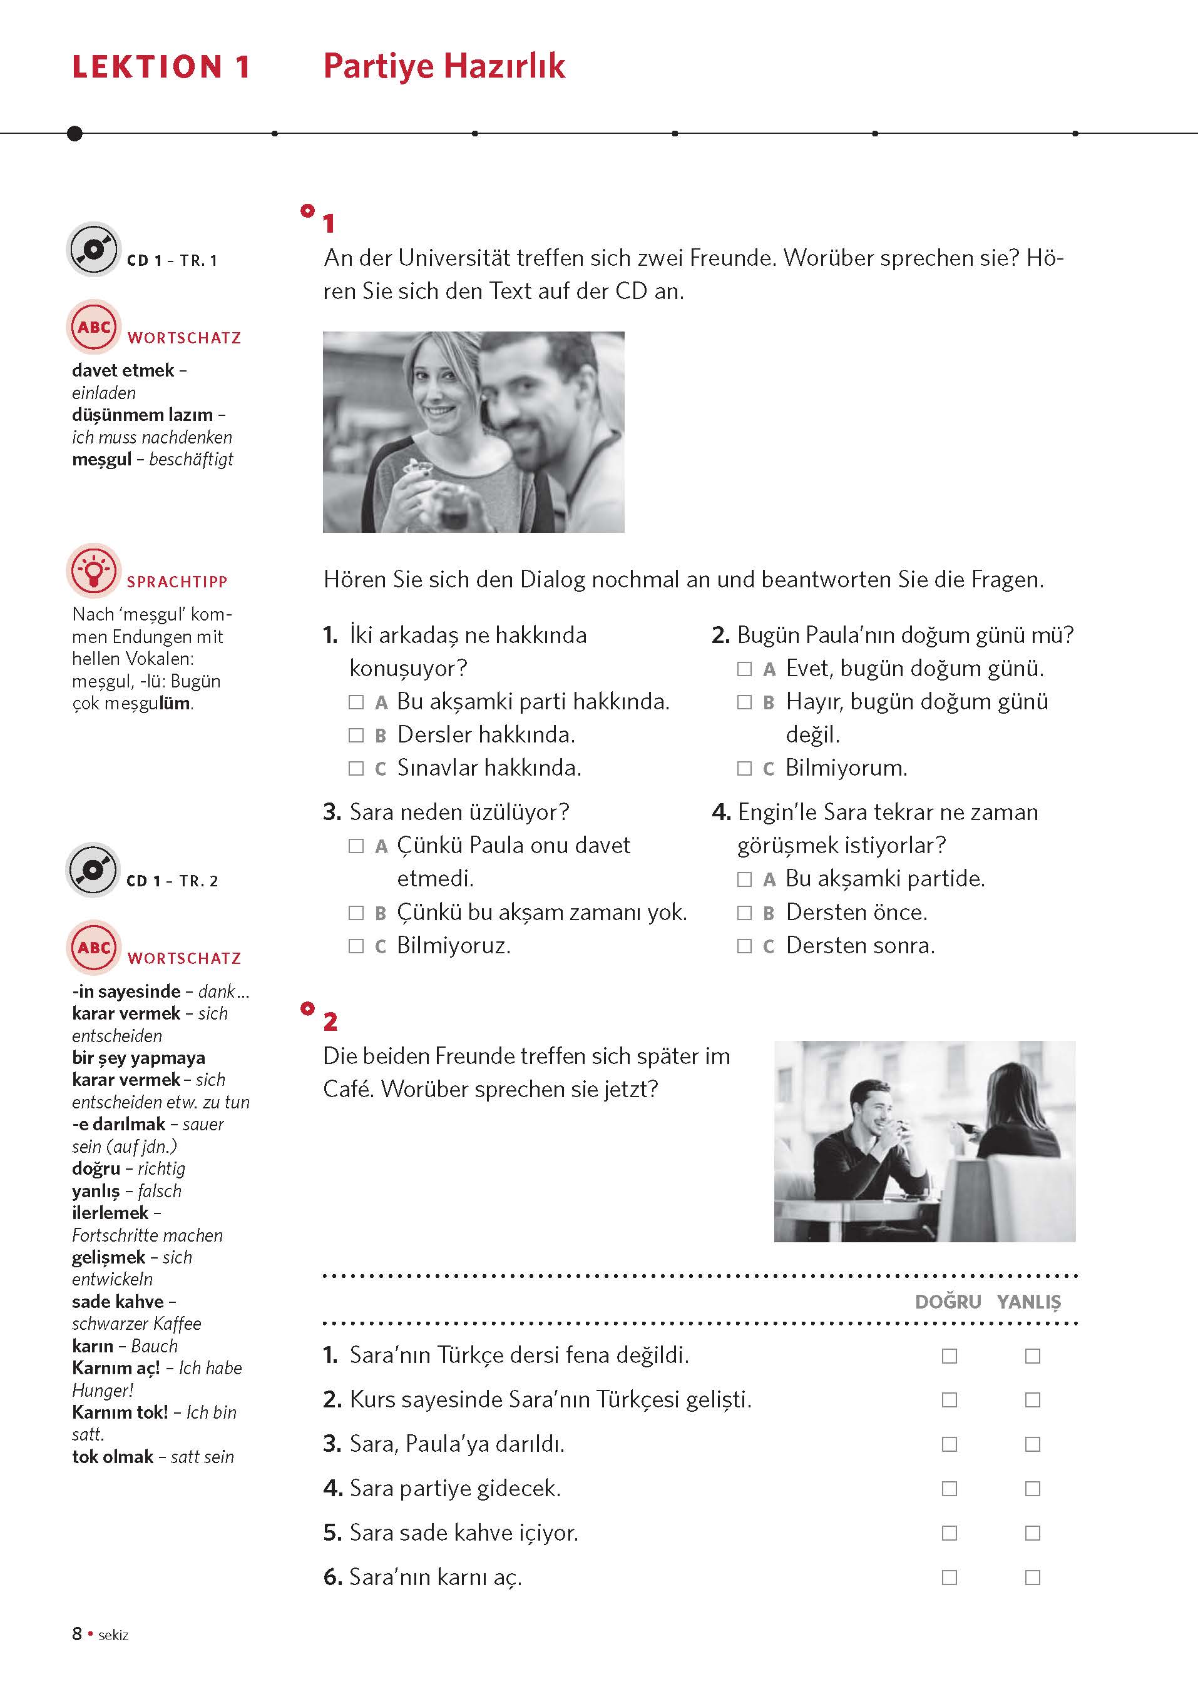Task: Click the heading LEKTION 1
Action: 161,67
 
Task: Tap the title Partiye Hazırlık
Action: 444,66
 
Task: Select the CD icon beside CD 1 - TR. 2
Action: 93,870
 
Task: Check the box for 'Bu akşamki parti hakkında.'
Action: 356,702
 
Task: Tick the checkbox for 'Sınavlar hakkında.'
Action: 356,768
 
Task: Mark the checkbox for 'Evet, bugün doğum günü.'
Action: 744,669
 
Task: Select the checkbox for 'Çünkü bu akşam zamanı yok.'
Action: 356,913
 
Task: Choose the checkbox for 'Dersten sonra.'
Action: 744,946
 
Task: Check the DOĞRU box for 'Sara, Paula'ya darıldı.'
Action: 950,1444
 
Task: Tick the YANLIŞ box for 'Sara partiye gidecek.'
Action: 1033,1489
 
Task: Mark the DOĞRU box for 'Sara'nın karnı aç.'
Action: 950,1578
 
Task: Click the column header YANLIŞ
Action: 1029,1302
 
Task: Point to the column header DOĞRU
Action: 948,1302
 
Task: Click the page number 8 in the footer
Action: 77,1634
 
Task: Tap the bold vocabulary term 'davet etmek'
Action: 123,370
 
